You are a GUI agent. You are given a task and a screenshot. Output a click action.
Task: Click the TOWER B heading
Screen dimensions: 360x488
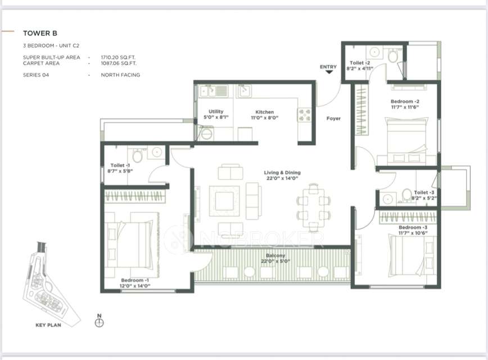click(x=40, y=33)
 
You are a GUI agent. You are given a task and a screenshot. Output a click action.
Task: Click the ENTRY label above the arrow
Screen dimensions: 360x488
click(x=328, y=67)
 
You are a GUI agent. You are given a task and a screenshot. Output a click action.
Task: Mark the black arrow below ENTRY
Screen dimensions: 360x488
click(x=328, y=73)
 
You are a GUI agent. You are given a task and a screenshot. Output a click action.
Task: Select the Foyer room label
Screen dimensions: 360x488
click(x=333, y=118)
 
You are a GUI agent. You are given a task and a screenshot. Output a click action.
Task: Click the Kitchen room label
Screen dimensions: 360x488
click(x=264, y=112)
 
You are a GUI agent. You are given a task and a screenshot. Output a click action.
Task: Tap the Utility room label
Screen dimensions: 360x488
click(x=216, y=112)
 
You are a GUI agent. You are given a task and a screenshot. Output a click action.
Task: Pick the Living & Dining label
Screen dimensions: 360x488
click(x=282, y=173)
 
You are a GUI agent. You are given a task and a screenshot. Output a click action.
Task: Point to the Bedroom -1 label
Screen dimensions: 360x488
click(x=135, y=280)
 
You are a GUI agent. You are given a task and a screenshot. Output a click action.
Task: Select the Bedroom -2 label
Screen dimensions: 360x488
click(x=405, y=102)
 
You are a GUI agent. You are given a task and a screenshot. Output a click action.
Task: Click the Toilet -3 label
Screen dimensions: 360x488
click(x=424, y=192)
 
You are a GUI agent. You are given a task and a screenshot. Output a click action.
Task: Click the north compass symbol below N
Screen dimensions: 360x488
click(x=100, y=323)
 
